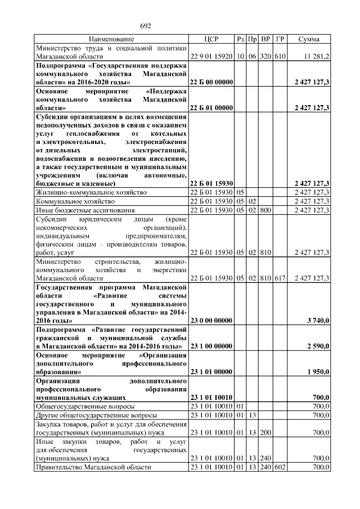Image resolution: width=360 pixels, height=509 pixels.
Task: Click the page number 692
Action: click(x=146, y=26)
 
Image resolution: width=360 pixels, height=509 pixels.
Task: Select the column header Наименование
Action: click(x=111, y=39)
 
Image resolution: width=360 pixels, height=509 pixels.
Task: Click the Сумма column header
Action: click(x=309, y=39)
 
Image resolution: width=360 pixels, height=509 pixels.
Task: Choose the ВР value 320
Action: click(x=266, y=57)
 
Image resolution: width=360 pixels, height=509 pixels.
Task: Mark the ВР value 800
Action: click(x=266, y=210)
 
